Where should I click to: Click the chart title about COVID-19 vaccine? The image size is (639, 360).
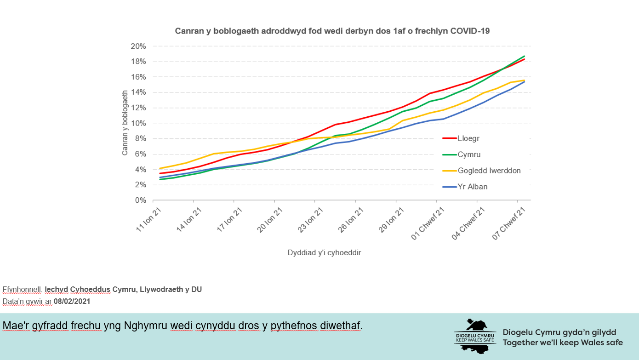(332, 31)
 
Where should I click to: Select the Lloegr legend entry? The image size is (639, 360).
(469, 138)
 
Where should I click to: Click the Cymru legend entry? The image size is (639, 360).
(469, 154)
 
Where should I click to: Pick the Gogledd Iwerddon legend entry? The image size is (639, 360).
(489, 171)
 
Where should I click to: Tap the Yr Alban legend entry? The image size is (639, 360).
(472, 187)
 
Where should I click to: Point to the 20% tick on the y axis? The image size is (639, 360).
(138, 46)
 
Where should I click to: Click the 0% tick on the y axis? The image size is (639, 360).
(140, 200)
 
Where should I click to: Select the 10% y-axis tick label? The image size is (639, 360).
(138, 123)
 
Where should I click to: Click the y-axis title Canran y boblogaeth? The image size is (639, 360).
(125, 123)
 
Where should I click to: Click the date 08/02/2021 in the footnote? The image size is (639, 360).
(72, 302)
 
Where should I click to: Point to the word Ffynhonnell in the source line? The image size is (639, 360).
(22, 290)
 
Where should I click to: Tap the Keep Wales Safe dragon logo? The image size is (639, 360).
(475, 336)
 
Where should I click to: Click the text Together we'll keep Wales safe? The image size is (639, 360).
(563, 343)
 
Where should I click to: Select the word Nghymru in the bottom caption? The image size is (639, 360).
(143, 326)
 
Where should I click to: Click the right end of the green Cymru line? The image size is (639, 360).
(524, 56)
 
